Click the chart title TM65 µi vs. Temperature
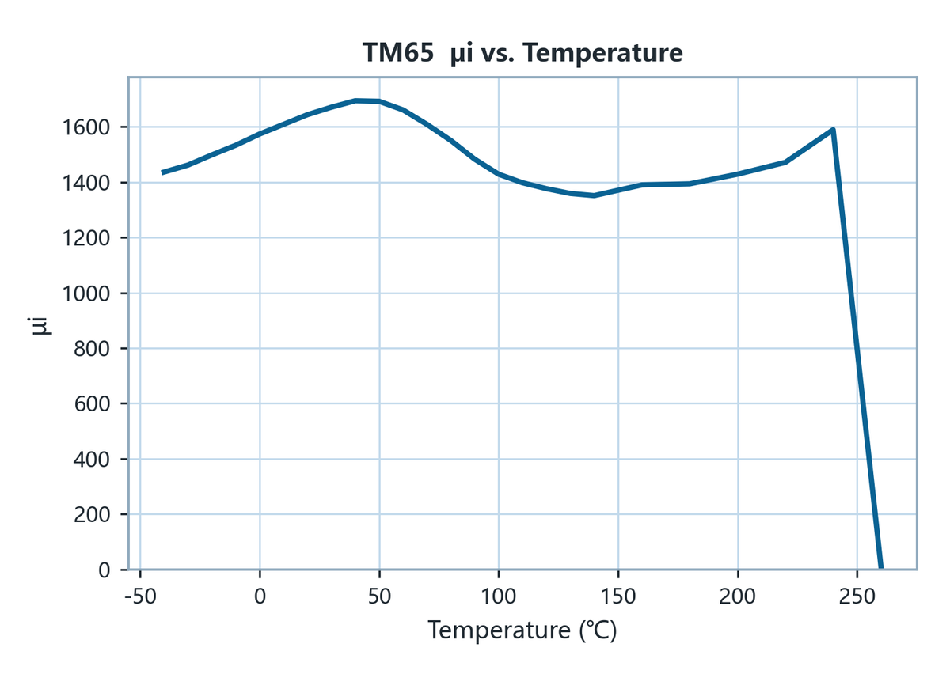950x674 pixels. click(x=522, y=53)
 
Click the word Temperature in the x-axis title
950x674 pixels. click(x=500, y=630)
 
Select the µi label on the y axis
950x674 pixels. click(x=41, y=326)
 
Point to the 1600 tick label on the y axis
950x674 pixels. click(x=86, y=127)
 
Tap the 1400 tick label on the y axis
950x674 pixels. click(x=86, y=183)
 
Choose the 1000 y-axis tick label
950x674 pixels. click(x=86, y=293)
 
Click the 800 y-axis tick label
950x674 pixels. click(x=92, y=348)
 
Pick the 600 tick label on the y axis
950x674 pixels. click(x=92, y=403)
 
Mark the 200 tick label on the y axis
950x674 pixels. click(x=92, y=515)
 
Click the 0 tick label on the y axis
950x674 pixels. click(x=104, y=570)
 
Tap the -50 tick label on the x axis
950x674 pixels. click(x=140, y=596)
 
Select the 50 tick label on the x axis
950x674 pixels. click(x=379, y=596)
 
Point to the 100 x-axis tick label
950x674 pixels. click(x=498, y=596)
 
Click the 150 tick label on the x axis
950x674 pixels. click(x=618, y=596)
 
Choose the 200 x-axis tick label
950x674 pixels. click(x=738, y=596)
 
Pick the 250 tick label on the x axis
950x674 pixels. click(x=857, y=596)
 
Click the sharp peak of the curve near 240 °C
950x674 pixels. click(x=834, y=130)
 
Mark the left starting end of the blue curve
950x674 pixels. click(x=163, y=172)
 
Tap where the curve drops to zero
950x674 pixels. click(x=881, y=568)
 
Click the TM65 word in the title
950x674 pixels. click(x=398, y=53)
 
